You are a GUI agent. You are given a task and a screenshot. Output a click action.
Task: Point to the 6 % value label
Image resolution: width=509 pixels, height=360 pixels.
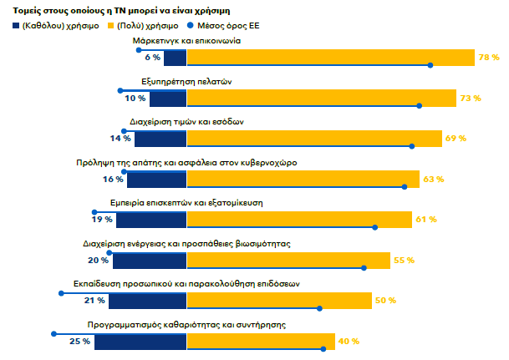[x=152, y=58]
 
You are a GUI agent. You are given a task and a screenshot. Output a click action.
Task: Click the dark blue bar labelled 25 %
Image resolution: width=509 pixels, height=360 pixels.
[x=140, y=341]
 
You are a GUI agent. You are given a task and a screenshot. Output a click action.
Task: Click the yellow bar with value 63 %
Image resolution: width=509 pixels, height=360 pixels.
[x=303, y=179]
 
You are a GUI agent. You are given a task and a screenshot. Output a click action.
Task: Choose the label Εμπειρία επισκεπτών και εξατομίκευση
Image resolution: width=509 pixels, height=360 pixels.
[x=189, y=203]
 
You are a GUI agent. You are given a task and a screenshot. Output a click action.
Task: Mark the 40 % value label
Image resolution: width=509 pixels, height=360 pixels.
[x=349, y=341]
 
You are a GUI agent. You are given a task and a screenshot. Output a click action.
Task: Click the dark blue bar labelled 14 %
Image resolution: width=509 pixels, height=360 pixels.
[x=157, y=139]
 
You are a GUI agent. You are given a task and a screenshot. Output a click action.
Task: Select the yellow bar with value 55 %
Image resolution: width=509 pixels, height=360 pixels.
[x=288, y=260]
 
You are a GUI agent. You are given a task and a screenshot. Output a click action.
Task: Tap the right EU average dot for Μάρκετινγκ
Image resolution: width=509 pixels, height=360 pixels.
[x=430, y=65]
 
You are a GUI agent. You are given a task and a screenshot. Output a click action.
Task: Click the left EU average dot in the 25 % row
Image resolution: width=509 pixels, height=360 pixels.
[x=54, y=333]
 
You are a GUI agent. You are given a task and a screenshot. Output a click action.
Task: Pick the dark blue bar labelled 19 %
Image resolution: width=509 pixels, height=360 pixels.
[x=150, y=219]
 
